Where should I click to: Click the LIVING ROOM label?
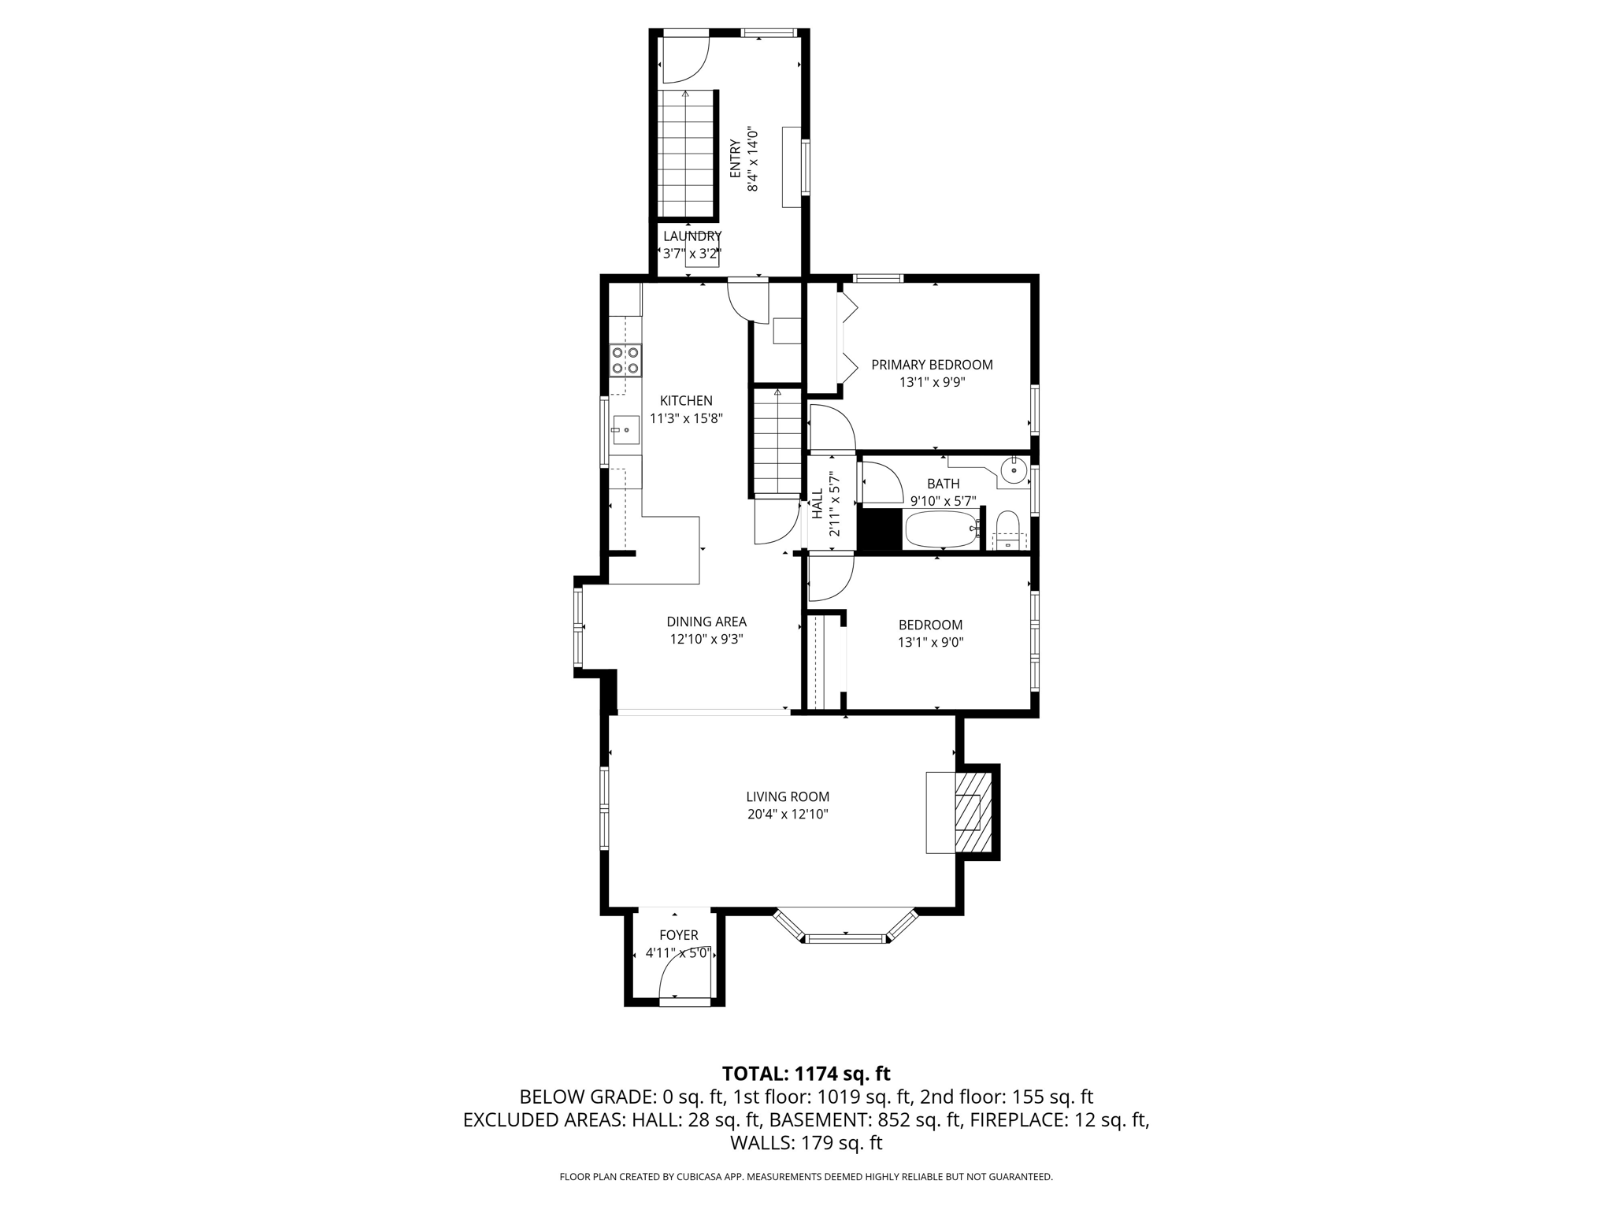tap(788, 796)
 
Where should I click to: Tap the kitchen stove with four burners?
tap(625, 360)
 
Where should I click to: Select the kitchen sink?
tap(625, 430)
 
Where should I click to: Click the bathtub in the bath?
tap(940, 529)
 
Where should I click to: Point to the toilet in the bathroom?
tap(1008, 529)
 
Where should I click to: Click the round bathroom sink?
tap(1014, 471)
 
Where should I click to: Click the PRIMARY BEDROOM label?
tap(932, 365)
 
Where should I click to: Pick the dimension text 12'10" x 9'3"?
tap(706, 639)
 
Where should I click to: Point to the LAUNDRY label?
tap(692, 236)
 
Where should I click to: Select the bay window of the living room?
tap(846, 930)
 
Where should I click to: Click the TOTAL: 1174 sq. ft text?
tap(806, 1073)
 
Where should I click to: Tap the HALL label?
tap(818, 503)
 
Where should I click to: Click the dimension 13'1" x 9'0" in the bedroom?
tap(930, 642)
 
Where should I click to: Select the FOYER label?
tap(678, 935)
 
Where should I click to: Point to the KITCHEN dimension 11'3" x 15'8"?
tap(686, 418)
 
